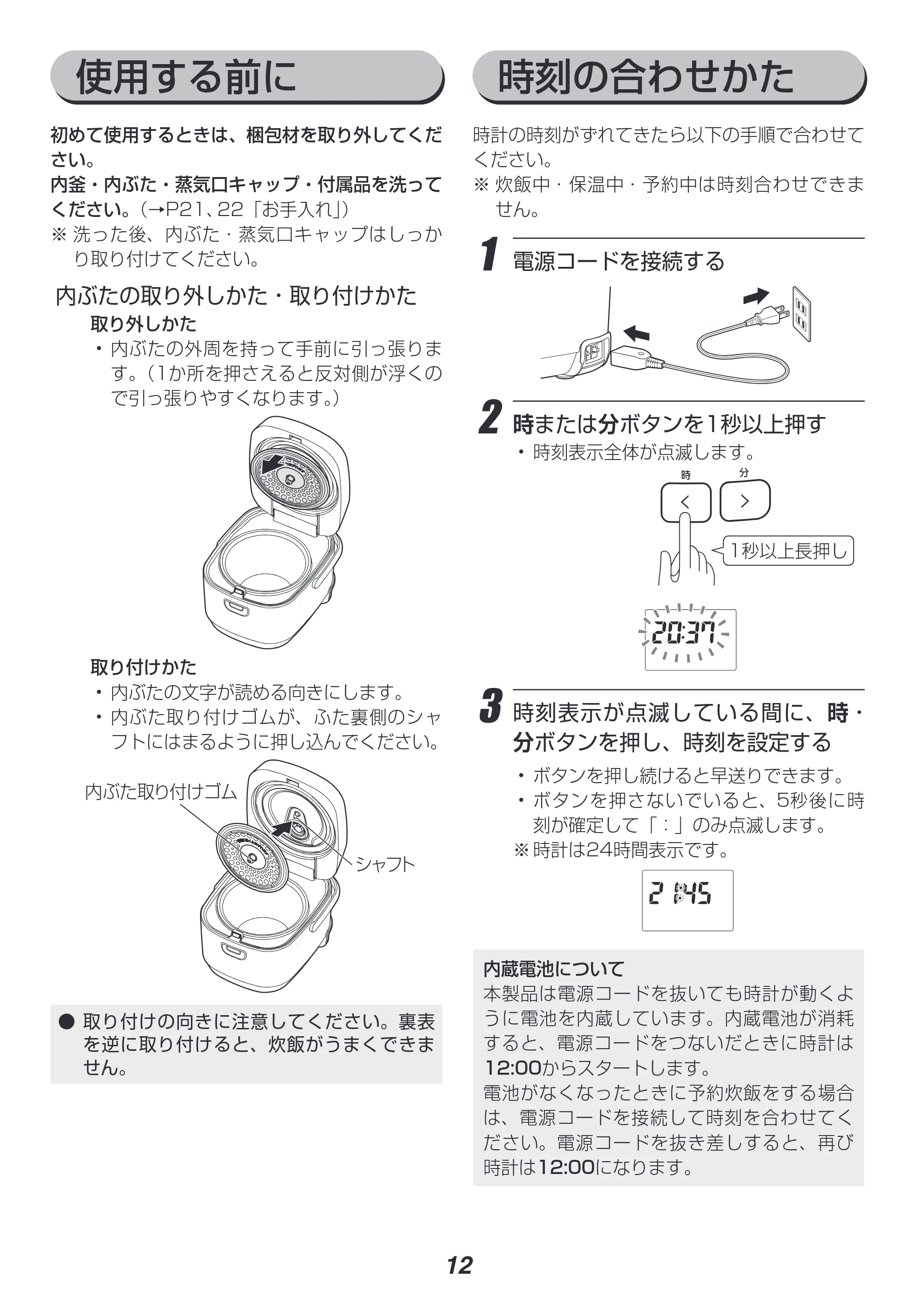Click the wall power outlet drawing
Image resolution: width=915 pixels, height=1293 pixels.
[801, 314]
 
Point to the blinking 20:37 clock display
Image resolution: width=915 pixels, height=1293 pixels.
[684, 633]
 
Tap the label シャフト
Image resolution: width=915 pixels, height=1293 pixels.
[385, 864]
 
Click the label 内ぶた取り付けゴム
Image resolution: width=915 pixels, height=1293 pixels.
[161, 791]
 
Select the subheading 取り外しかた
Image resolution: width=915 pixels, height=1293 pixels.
[143, 324]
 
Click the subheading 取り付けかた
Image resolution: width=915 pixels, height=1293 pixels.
[143, 667]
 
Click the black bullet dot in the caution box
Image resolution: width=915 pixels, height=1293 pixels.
[67, 1022]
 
